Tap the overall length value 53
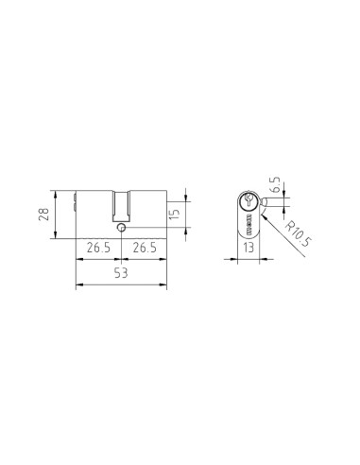coord(121,273)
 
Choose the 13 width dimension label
coord(247,250)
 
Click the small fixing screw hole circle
coord(121,228)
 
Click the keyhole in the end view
coord(247,200)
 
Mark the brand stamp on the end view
coord(247,227)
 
